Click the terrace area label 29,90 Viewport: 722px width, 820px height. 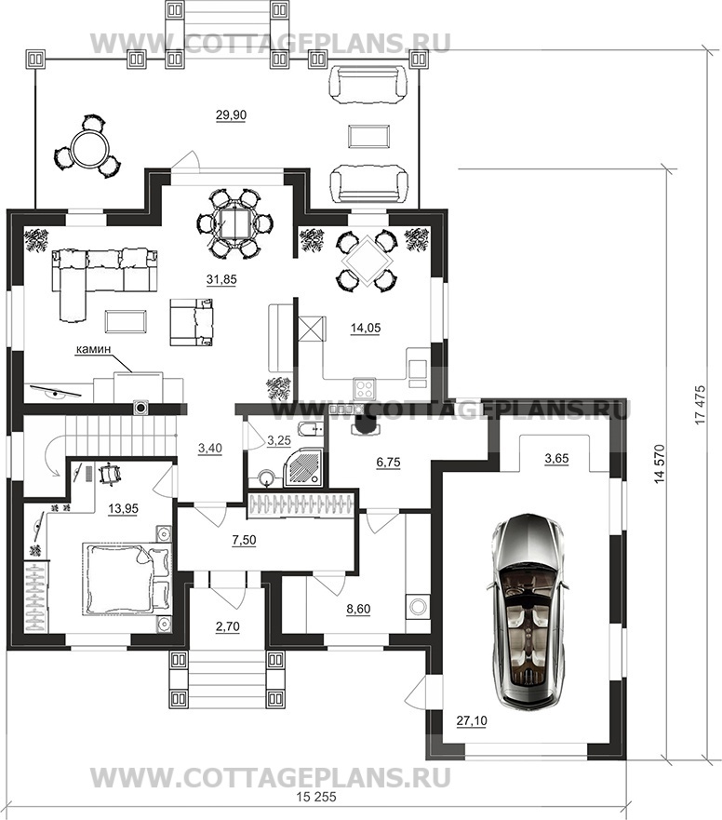[231, 115]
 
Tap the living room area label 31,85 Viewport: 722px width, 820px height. [221, 280]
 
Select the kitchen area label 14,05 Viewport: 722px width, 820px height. [366, 328]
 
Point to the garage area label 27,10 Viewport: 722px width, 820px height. [472, 721]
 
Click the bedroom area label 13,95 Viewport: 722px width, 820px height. [124, 507]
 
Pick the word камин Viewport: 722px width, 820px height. [94, 349]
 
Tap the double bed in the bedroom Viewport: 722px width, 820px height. [127, 578]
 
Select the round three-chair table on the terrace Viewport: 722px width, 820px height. [87, 147]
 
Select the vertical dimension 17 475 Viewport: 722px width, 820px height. [700, 405]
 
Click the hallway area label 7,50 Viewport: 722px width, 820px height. [244, 540]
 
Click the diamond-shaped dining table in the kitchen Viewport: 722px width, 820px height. [366, 260]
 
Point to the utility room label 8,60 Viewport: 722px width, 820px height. [358, 609]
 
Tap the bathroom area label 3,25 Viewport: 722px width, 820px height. [278, 441]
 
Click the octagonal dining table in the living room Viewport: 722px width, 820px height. [234, 223]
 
